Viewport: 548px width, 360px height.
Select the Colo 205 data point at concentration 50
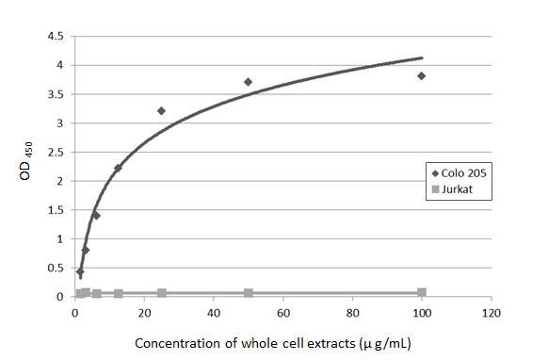point(249,82)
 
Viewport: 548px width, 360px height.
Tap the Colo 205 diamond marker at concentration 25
point(161,110)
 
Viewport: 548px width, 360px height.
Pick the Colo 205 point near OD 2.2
point(118,168)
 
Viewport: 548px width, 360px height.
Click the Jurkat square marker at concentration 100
point(421,292)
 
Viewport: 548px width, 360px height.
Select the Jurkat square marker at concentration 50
point(249,293)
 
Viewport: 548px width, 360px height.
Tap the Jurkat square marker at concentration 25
point(161,293)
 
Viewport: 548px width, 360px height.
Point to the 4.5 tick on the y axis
point(56,37)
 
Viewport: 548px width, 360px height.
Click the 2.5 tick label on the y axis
point(56,152)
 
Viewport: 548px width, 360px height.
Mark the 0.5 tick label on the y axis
point(56,268)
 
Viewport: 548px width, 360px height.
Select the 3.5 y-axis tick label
point(56,94)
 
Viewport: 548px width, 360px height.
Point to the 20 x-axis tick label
point(144,313)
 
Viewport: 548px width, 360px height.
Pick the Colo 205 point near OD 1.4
point(96,216)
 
